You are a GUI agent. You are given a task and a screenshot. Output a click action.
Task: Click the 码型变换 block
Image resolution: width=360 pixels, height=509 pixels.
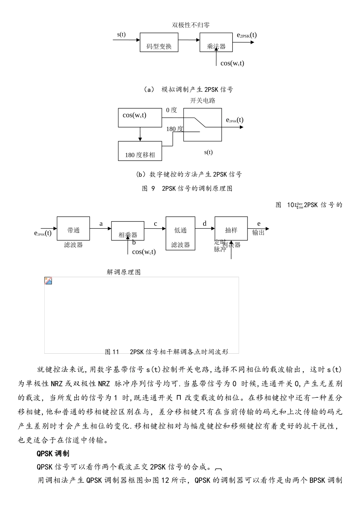point(159,42)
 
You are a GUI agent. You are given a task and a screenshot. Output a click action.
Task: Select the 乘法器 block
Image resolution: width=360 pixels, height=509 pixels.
point(216,42)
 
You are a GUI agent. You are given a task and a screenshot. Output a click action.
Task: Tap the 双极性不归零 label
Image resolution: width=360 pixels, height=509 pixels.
point(191,25)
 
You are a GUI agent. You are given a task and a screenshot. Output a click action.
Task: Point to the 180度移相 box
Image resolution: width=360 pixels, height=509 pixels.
point(140,151)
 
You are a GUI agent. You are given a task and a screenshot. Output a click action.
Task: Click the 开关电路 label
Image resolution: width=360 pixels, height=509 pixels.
point(202,101)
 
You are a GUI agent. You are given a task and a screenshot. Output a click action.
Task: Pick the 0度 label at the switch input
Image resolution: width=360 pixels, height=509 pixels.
point(171,110)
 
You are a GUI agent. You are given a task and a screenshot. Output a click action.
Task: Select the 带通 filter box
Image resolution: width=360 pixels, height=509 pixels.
point(73,228)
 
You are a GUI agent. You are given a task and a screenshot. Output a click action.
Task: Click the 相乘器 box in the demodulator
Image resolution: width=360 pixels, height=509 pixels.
point(128,231)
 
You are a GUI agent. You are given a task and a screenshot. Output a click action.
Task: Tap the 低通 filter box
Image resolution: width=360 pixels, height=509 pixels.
point(180,233)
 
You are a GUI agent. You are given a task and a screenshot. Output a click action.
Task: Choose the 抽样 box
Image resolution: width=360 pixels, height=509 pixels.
point(231,228)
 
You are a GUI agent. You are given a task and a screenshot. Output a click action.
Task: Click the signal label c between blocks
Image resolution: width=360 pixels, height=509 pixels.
point(155,224)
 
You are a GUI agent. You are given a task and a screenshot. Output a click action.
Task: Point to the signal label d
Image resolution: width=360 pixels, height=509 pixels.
point(205,223)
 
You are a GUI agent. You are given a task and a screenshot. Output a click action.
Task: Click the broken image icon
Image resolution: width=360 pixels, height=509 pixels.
point(48,281)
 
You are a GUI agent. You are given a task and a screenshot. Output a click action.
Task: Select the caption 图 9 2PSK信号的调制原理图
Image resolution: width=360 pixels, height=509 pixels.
point(187,189)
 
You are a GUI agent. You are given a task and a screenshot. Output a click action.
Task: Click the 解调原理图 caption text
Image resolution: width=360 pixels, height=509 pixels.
point(124,272)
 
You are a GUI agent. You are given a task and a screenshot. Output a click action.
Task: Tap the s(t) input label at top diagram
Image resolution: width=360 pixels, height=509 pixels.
point(121,34)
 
